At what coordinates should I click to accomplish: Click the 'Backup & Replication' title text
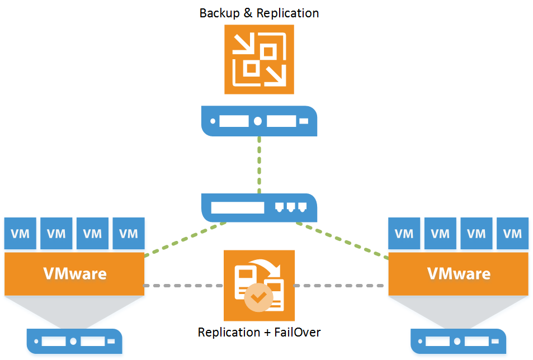click(x=259, y=12)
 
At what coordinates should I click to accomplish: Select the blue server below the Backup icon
click(x=259, y=121)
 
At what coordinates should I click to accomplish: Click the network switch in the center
click(x=259, y=207)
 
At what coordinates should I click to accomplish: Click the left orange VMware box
click(x=74, y=274)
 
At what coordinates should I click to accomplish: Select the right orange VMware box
click(x=458, y=274)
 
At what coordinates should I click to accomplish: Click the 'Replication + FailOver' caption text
click(x=259, y=332)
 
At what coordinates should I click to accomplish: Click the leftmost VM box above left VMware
click(x=21, y=233)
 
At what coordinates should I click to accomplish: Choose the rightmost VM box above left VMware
click(x=129, y=233)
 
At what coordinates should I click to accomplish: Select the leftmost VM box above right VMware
click(x=404, y=233)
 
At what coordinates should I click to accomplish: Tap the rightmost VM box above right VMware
click(x=512, y=233)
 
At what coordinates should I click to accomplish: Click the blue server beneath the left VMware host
click(x=74, y=340)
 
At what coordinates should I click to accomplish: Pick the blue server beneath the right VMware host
click(x=458, y=340)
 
